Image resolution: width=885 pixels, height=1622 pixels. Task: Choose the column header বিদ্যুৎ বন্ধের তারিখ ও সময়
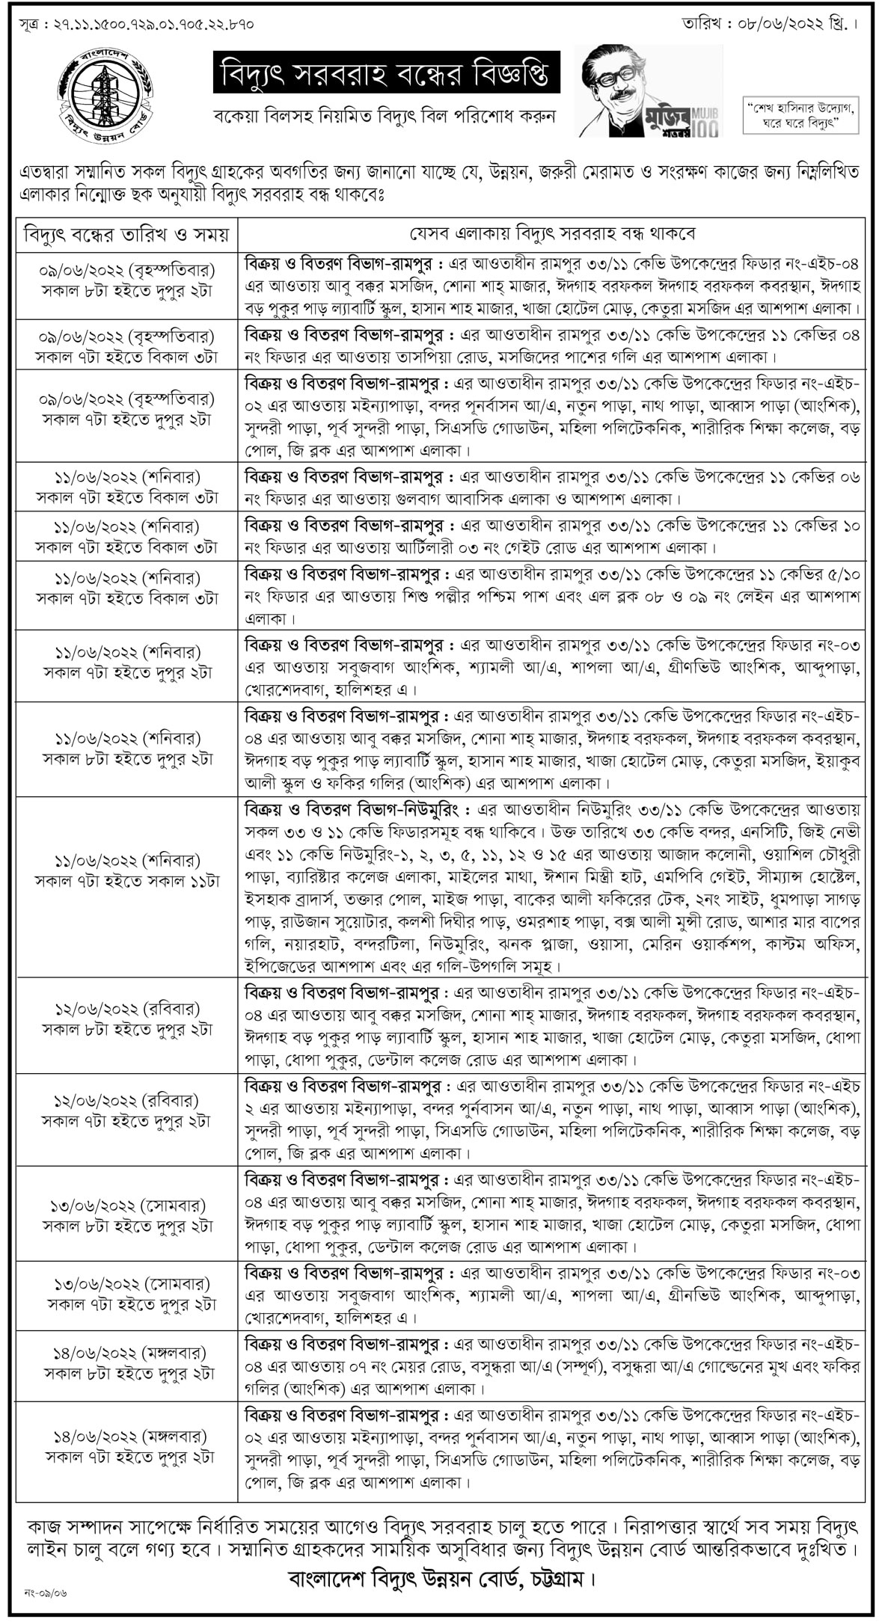(126, 234)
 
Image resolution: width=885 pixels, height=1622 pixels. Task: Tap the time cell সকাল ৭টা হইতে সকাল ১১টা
(127, 882)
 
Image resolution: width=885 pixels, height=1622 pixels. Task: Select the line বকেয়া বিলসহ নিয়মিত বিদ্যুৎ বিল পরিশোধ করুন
(389, 117)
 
